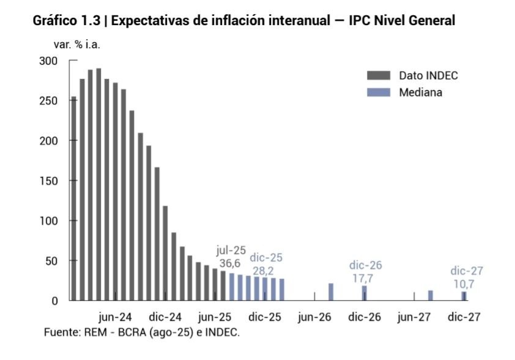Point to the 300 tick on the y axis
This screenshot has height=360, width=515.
pyautogui.click(x=48, y=61)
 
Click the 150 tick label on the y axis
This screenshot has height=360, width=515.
pyautogui.click(x=48, y=181)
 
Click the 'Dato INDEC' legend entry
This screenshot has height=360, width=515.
pyautogui.click(x=428, y=76)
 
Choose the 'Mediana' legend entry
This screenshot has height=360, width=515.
pyautogui.click(x=420, y=92)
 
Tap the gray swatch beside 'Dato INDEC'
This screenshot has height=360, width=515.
pyautogui.click(x=379, y=76)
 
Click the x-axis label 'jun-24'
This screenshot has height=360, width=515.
pyautogui.click(x=115, y=317)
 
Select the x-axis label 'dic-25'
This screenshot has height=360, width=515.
pyautogui.click(x=265, y=317)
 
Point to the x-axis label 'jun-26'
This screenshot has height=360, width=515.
pyautogui.click(x=314, y=317)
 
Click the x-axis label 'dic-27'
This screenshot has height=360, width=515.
pyautogui.click(x=464, y=317)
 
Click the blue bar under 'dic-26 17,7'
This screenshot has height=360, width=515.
pyautogui.click(x=364, y=293)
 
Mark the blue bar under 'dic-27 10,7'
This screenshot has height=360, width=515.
pyautogui.click(x=464, y=296)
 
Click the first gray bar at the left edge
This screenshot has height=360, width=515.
pyautogui.click(x=74, y=199)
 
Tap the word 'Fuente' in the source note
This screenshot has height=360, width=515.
pyautogui.click(x=59, y=332)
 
